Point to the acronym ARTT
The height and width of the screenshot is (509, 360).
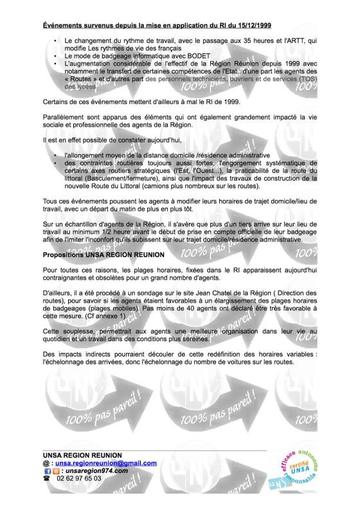click(290, 41)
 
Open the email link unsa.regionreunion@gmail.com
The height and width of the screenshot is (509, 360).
click(105, 463)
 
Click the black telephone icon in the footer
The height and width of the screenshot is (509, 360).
click(47, 479)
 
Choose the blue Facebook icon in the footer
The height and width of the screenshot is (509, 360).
click(47, 471)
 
